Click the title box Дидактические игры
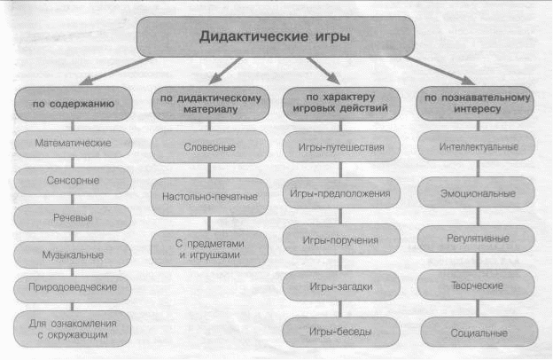click(276, 36)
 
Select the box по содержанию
click(73, 104)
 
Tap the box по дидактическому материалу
click(210, 104)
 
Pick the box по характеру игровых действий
click(341, 104)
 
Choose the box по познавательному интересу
click(475, 104)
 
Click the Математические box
click(73, 144)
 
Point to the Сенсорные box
click(73, 181)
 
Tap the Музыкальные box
click(73, 254)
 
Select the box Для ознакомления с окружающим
click(72, 329)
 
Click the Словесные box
click(210, 147)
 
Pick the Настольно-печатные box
click(209, 197)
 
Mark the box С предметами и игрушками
click(209, 249)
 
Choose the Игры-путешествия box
click(341, 146)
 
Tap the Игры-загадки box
click(341, 286)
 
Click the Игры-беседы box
click(341, 333)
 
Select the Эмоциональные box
click(476, 192)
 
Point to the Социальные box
click(479, 333)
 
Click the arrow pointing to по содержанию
click(116, 71)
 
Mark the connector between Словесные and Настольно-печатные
click(209, 170)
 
